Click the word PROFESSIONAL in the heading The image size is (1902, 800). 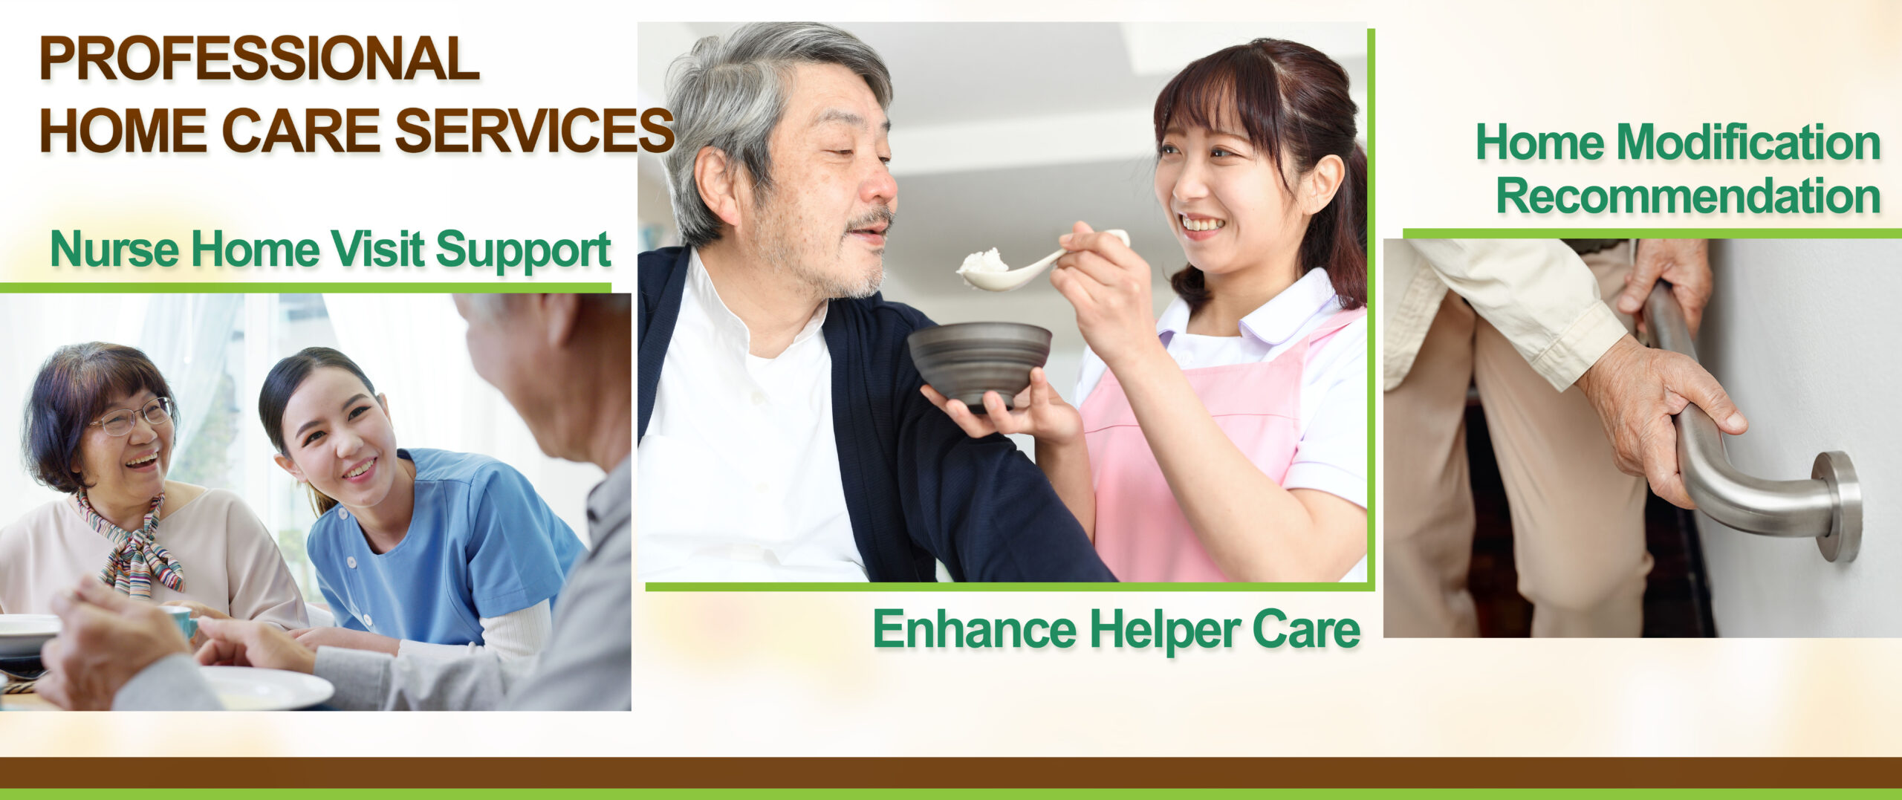coord(259,59)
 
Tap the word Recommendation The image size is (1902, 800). coord(1688,196)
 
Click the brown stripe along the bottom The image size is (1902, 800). coord(951,773)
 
